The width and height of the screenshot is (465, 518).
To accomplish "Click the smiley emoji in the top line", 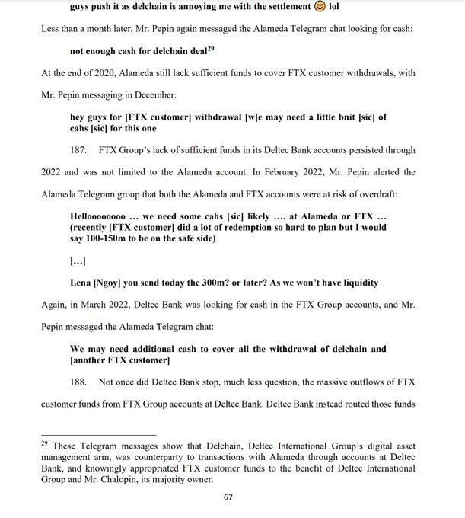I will click(320, 7).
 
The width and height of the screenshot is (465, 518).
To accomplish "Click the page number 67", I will click(228, 497).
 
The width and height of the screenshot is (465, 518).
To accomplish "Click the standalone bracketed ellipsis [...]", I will click(78, 261).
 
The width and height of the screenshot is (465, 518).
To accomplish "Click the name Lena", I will click(81, 283).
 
